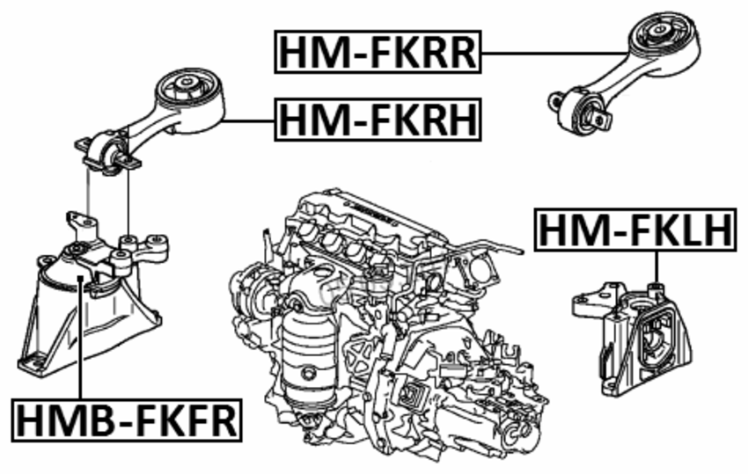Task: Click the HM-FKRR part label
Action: [378, 52]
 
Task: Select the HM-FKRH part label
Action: [378, 120]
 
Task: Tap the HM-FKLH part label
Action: [635, 230]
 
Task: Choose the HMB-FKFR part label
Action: [127, 420]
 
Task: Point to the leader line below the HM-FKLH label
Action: [656, 267]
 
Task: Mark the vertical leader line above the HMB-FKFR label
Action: [81, 338]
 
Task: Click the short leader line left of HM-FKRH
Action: [248, 120]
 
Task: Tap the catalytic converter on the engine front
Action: [308, 352]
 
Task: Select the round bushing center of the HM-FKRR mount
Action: [659, 32]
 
